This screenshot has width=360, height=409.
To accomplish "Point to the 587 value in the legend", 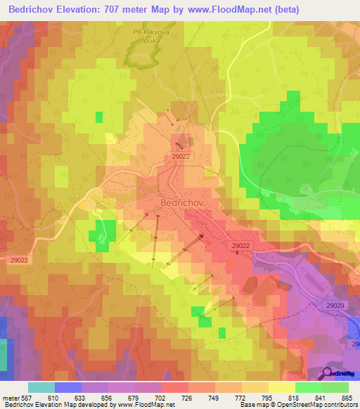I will click(27, 398).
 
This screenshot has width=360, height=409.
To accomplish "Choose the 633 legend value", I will click(81, 398).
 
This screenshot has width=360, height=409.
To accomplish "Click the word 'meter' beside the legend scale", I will click(10, 398).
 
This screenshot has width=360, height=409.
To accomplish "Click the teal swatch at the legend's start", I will click(41, 387).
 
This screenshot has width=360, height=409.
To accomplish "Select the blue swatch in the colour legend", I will click(67, 387).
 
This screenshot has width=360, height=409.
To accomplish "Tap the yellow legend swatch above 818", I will click(281, 387).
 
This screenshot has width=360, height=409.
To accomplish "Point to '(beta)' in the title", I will click(287, 10).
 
